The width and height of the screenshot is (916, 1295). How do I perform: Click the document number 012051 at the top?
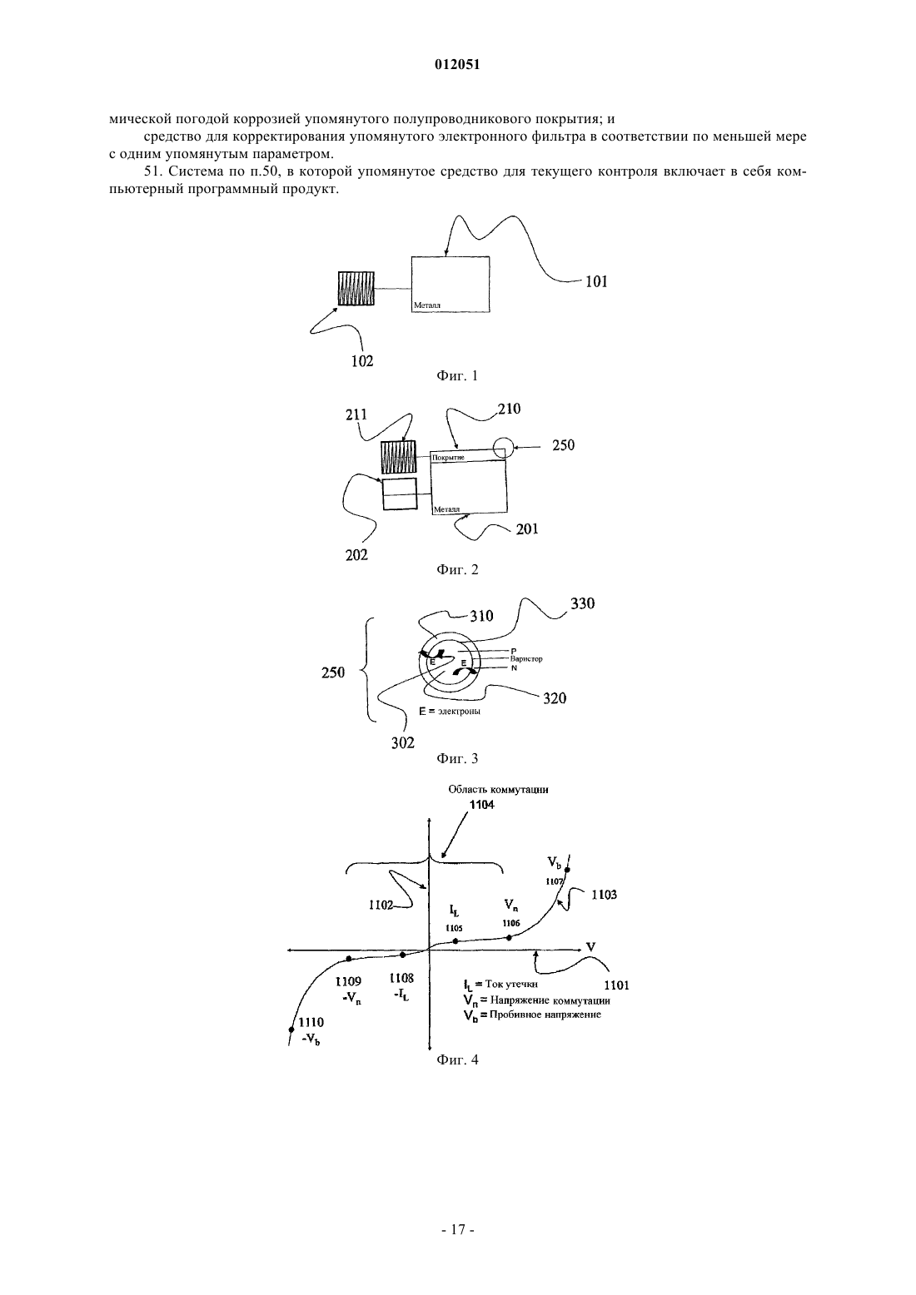point(457,65)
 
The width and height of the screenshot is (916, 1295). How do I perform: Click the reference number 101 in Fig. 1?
point(596,281)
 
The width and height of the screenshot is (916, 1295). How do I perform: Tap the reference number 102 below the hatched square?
point(362,361)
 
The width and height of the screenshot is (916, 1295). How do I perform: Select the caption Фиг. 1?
point(457,376)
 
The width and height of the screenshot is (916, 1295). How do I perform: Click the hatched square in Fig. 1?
point(356,289)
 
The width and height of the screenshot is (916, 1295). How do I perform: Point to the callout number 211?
point(356,414)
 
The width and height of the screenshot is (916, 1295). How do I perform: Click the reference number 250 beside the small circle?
point(563,445)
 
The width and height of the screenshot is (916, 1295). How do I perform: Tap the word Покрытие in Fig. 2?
point(448,457)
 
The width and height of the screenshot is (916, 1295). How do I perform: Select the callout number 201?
point(527,529)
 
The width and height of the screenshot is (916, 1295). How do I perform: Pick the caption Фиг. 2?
point(457,570)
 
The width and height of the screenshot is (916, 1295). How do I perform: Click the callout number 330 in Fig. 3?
point(582,603)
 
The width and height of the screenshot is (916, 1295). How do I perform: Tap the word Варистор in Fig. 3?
point(526,659)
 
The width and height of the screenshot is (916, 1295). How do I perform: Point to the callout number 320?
point(555,698)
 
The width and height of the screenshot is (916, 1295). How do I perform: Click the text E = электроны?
point(450,711)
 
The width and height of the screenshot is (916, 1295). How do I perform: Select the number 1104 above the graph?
point(481,805)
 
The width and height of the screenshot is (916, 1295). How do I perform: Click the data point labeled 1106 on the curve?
point(509,938)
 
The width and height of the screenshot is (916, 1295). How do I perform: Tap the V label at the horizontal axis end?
point(590,947)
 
